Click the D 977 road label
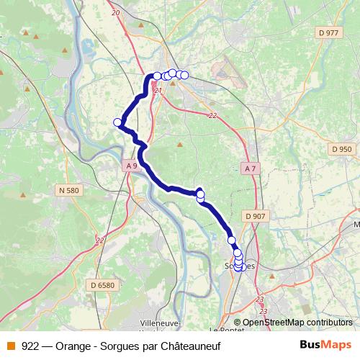(328, 33)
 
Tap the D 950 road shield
(343, 149)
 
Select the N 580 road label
(68, 191)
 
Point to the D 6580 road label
(102, 285)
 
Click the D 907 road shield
(255, 215)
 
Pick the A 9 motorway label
(130, 166)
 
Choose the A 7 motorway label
(250, 168)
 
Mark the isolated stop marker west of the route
(117, 122)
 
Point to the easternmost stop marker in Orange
(184, 75)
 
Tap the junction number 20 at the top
(115, 12)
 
